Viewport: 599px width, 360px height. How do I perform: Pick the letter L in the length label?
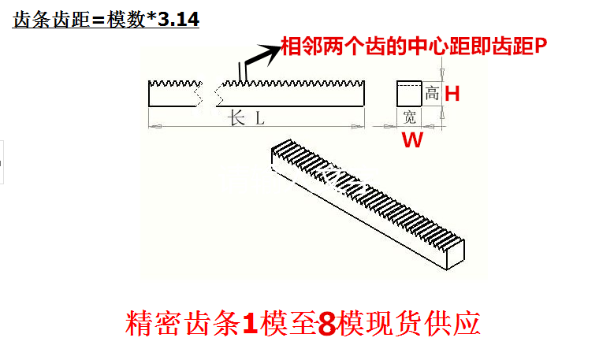click(x=259, y=119)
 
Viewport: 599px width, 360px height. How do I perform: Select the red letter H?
click(x=452, y=94)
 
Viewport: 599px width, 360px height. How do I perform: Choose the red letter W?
click(x=412, y=141)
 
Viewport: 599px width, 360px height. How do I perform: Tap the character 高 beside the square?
click(x=432, y=94)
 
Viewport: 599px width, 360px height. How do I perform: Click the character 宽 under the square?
click(x=409, y=118)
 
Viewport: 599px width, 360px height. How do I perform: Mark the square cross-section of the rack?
click(x=408, y=93)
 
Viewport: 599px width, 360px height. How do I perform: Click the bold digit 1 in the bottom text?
click(x=250, y=324)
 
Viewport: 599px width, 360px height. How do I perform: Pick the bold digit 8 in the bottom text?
click(x=326, y=324)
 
